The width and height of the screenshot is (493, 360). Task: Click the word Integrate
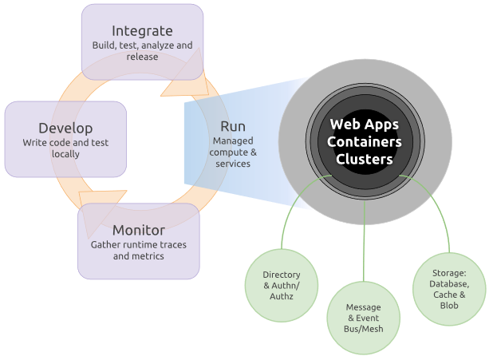coord(142,31)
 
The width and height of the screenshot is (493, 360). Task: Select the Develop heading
coord(65,128)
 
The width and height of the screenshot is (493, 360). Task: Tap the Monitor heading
coord(138,231)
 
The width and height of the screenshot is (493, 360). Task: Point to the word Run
coord(233,126)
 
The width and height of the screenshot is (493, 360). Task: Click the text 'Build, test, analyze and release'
coord(141,51)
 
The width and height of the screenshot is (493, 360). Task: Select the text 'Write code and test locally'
coord(65,148)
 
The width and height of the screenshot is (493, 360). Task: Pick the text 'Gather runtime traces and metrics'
coord(138,250)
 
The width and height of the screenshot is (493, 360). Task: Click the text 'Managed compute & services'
coord(233,152)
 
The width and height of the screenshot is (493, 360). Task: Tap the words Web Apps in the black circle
coord(364,125)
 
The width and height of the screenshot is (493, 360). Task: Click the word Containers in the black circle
coord(364,142)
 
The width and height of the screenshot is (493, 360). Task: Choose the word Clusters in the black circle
coord(364,159)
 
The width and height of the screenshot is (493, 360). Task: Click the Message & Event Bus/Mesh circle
coord(363,318)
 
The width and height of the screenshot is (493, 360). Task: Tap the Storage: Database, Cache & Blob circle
coord(449,289)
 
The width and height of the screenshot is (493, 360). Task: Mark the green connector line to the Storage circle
coord(436,204)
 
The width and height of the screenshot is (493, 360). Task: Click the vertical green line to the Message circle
coord(364,239)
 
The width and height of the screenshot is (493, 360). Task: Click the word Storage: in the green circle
coord(449,273)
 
